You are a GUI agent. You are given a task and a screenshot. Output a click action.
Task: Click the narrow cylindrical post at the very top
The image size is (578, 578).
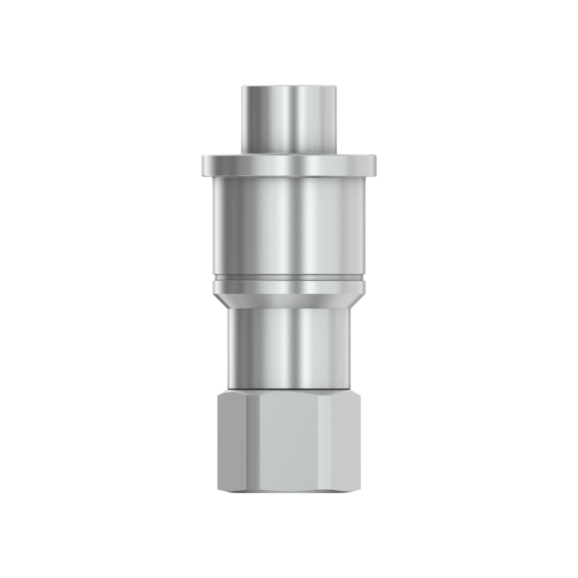click(289, 120)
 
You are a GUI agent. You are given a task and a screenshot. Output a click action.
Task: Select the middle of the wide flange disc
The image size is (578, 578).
click(289, 165)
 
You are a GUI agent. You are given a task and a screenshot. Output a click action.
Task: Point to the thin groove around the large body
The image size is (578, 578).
click(289, 278)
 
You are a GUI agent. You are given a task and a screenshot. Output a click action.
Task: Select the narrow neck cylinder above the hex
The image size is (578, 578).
click(289, 347)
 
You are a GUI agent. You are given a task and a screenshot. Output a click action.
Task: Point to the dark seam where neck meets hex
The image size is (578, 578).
click(289, 389)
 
